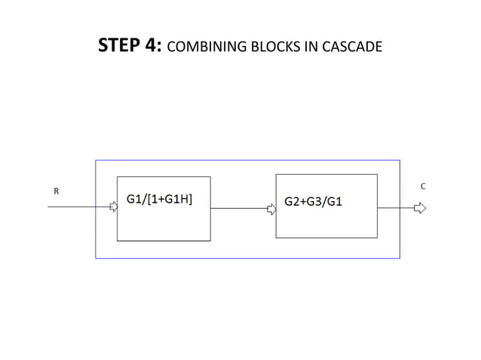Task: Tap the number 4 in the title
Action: point(153,47)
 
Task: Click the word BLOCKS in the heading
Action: point(262,48)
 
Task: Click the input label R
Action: point(55,192)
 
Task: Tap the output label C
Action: point(423,185)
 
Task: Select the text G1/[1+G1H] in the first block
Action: point(158,199)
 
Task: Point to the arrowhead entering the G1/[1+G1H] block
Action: point(113,206)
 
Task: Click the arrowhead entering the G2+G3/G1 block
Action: point(272,209)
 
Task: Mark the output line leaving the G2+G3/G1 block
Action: point(394,207)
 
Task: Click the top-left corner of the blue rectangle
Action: point(96,160)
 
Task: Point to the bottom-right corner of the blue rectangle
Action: point(399,258)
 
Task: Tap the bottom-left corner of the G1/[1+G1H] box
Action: point(117,241)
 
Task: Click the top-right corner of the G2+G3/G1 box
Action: point(377,175)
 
